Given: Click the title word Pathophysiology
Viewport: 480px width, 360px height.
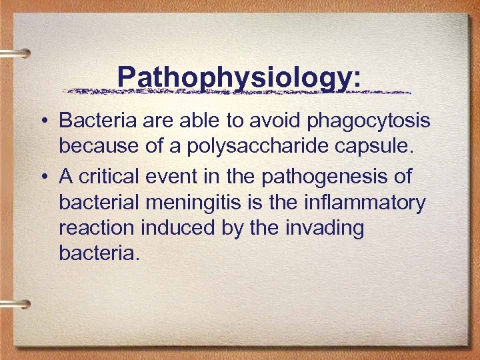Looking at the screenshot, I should (x=239, y=77).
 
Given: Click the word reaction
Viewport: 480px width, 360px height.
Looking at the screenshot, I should (x=96, y=228).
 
